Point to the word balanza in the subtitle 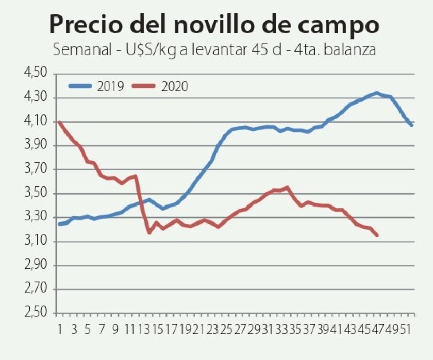tap(351, 50)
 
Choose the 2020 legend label tap(175, 86)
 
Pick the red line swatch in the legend tap(145, 86)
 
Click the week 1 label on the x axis tap(59, 328)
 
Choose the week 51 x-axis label tap(407, 328)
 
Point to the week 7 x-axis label tap(102, 328)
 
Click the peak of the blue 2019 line tap(377, 93)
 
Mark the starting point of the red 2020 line tap(59, 122)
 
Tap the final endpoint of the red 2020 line tap(377, 235)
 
